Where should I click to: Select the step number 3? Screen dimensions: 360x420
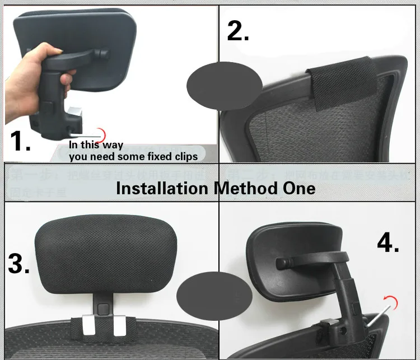(x=18, y=263)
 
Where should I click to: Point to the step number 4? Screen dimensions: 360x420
(x=388, y=242)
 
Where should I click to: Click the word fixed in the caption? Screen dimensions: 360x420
(x=156, y=157)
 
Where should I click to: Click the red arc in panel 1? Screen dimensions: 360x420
(x=102, y=133)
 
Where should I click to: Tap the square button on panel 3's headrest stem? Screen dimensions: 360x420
(x=102, y=308)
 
